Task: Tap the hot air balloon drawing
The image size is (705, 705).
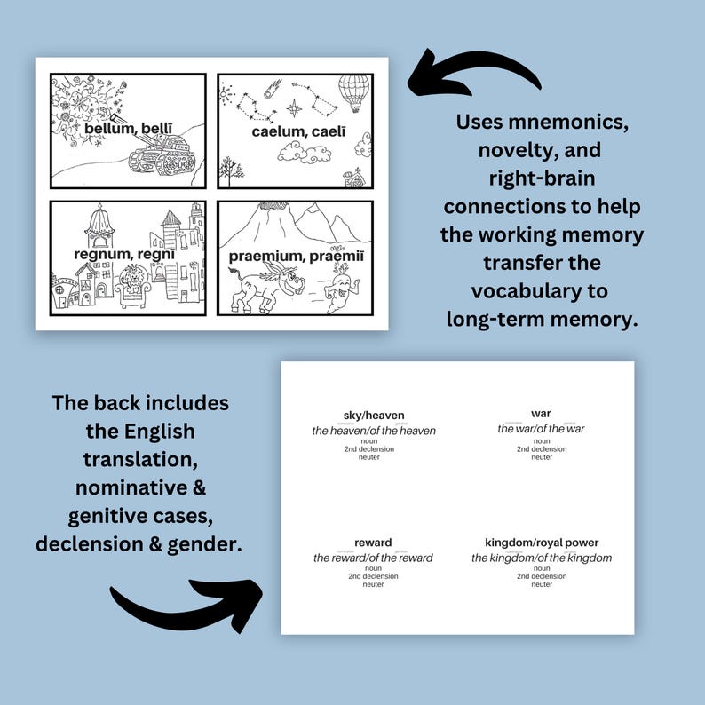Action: click(353, 91)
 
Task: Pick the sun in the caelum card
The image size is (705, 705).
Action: click(226, 91)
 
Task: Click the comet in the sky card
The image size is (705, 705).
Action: click(272, 87)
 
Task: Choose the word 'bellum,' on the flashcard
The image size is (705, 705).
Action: click(107, 129)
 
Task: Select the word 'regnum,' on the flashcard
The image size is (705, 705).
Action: click(97, 256)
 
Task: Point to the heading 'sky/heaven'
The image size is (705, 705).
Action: click(373, 416)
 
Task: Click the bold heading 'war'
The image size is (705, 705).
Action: click(541, 414)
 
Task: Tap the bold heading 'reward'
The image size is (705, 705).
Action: click(373, 543)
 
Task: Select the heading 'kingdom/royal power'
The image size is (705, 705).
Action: click(541, 543)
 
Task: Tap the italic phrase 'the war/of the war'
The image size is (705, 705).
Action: click(541, 429)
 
